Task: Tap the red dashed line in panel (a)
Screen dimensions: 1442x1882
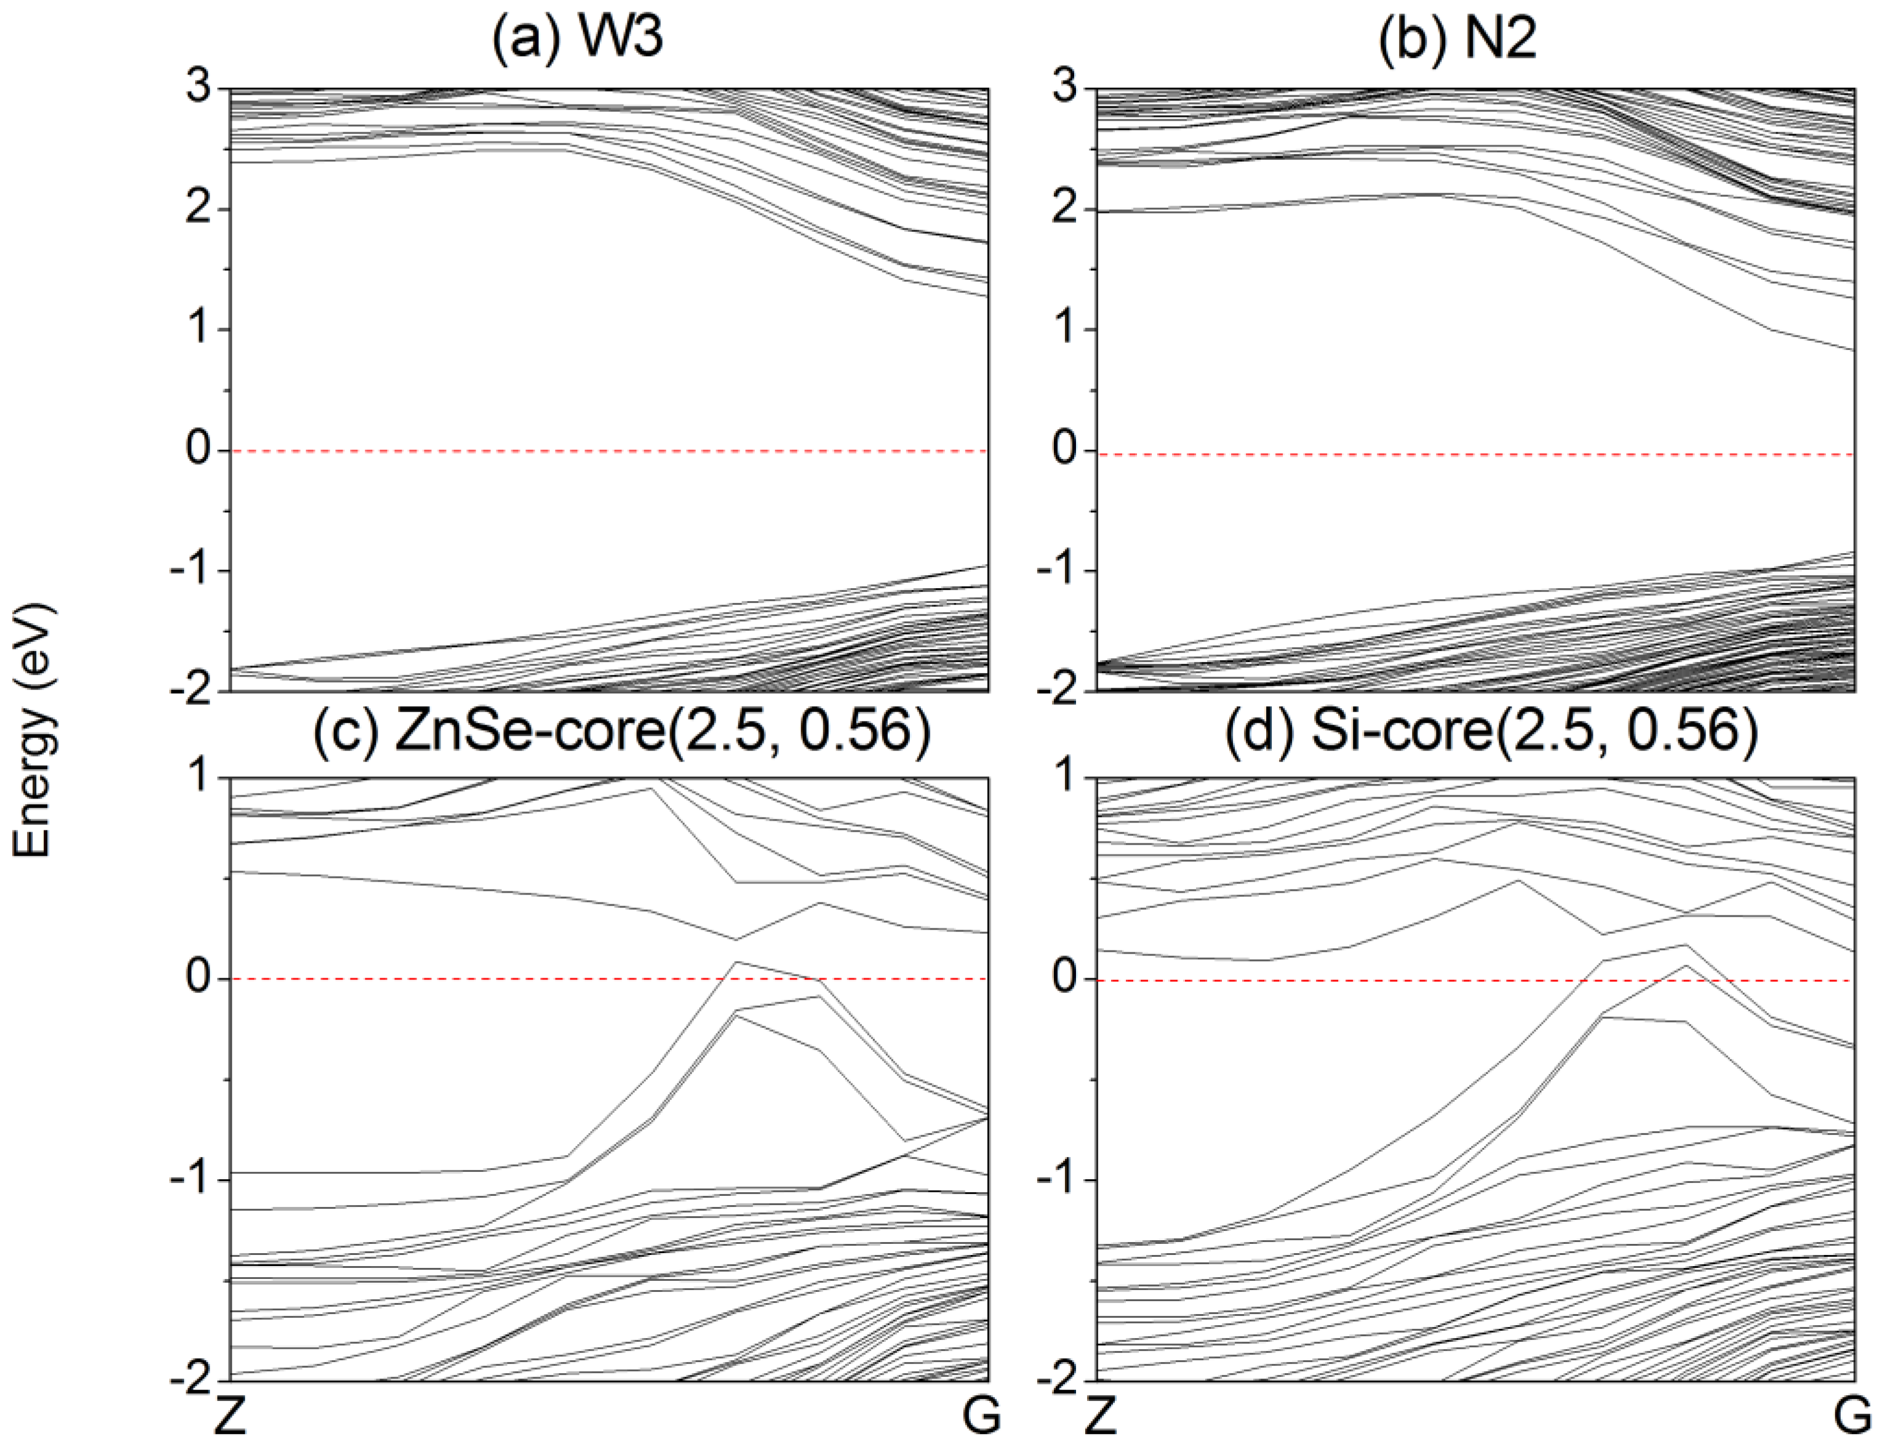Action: [x=600, y=450]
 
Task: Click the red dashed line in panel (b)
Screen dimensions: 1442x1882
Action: [x=1459, y=454]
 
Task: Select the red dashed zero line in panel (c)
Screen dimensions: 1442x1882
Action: [x=429, y=979]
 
